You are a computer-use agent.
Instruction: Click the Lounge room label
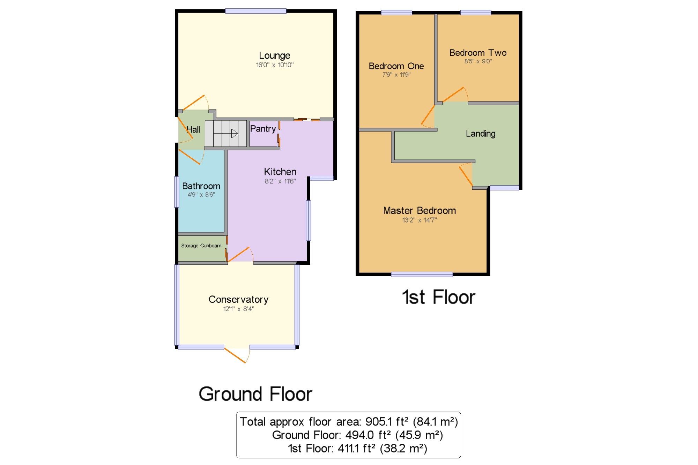click(x=274, y=55)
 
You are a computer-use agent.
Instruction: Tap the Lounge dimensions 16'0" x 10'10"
click(x=275, y=65)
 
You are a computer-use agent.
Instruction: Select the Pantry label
click(x=263, y=129)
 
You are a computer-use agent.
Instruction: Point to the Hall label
click(x=193, y=129)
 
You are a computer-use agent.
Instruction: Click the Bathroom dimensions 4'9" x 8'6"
click(x=201, y=195)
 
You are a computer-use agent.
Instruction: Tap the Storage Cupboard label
click(x=201, y=246)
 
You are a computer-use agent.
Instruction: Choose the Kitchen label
click(x=280, y=172)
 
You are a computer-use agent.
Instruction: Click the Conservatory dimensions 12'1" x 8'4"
click(x=239, y=309)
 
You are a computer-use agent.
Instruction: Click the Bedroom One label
click(x=396, y=66)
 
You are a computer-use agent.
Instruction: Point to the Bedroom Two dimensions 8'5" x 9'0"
click(x=478, y=61)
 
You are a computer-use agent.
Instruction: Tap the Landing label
click(x=481, y=134)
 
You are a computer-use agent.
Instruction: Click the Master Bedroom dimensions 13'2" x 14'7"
click(x=419, y=220)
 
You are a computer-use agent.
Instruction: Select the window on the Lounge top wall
click(x=256, y=11)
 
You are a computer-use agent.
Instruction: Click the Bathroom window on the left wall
click(x=177, y=192)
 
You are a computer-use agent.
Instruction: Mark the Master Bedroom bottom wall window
click(x=422, y=274)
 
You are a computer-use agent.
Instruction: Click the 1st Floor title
click(x=439, y=297)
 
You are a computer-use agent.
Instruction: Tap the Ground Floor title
click(x=255, y=394)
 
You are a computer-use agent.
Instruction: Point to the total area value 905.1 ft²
click(x=387, y=422)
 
